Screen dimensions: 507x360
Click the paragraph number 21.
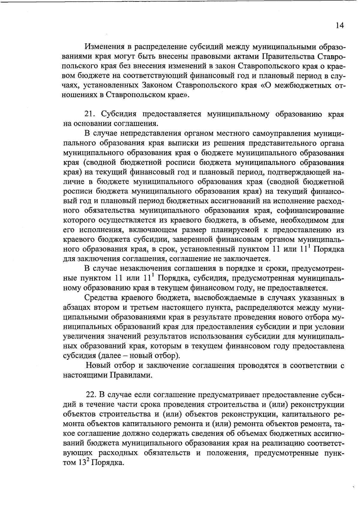pos(90,114)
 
